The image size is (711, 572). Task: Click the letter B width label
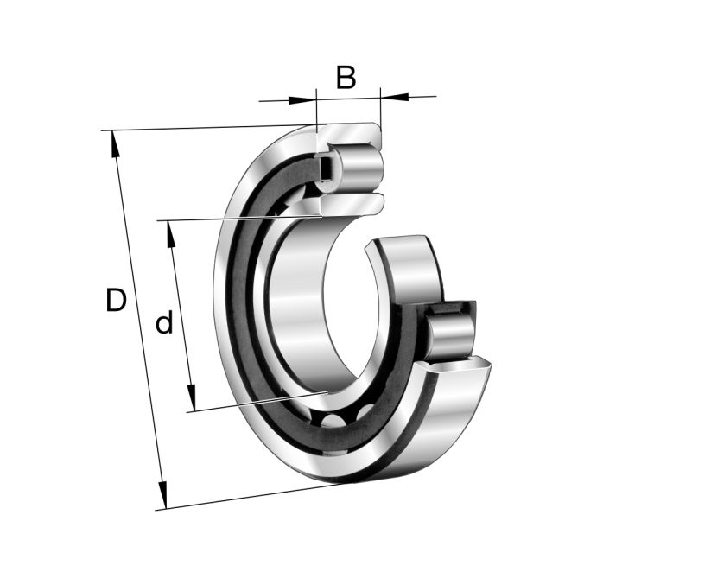click(x=346, y=77)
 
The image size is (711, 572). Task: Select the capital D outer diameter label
click(x=116, y=301)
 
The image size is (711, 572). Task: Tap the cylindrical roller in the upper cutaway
click(x=354, y=167)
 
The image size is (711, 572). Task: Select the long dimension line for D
click(x=138, y=320)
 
